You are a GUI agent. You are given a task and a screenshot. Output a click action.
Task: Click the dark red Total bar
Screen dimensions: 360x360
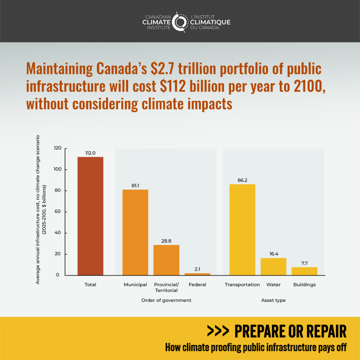90,216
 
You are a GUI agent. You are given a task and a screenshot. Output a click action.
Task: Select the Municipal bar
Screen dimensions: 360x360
135,232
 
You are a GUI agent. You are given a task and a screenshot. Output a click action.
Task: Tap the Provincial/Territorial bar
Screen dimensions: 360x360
166,260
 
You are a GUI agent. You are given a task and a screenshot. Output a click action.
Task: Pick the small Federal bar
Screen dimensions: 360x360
197,274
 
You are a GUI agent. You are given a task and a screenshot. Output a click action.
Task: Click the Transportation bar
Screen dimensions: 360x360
242,230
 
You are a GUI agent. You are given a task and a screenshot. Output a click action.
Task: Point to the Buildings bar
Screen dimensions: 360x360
304,271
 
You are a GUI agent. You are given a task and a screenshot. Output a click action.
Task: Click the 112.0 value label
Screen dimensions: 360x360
90,153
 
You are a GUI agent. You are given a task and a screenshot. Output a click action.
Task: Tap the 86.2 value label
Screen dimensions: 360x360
242,180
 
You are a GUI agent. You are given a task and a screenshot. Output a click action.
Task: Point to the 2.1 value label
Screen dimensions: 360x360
197,269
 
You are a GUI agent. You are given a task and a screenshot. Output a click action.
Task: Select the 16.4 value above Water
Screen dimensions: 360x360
273,254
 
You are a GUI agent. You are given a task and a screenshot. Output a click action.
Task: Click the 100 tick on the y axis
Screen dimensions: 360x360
58,169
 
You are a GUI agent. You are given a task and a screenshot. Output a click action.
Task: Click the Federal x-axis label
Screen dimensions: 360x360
197,284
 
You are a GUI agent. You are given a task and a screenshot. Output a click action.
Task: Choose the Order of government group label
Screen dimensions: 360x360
166,300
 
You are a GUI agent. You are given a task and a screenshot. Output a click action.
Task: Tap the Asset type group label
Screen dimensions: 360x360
273,300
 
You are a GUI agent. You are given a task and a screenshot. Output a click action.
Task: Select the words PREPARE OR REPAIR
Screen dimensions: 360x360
290,331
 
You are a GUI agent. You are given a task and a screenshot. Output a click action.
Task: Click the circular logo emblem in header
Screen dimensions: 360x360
180,22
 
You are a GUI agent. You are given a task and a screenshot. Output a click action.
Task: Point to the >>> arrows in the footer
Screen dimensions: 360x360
218,331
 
